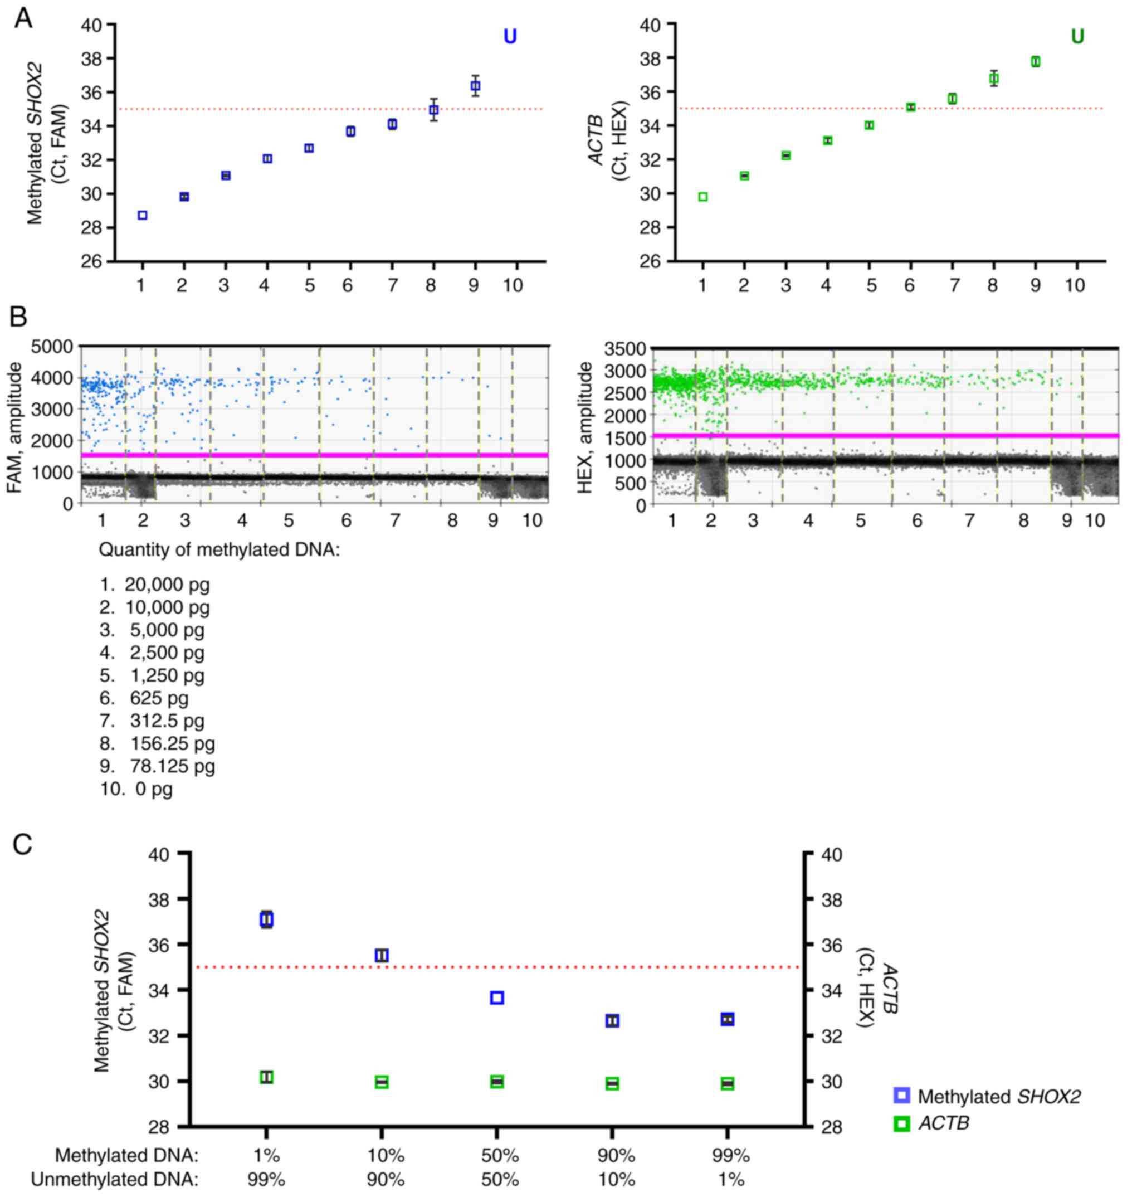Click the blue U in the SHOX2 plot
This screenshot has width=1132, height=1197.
point(510,37)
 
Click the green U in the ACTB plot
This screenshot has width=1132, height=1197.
point(1077,37)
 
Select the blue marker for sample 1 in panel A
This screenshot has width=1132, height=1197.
point(143,215)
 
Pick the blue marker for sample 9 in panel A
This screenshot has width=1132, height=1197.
point(476,86)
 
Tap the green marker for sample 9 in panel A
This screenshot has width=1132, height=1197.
point(1036,61)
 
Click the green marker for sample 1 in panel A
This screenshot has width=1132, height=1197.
point(702,196)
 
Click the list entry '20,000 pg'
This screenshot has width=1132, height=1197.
point(154,585)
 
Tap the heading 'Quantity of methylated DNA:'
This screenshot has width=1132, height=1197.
point(219,550)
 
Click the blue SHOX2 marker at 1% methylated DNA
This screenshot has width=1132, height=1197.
point(266,919)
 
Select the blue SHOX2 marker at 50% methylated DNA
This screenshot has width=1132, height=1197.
point(496,998)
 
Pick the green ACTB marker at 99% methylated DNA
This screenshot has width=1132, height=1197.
point(728,1083)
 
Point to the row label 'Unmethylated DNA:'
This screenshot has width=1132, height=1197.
point(115,1179)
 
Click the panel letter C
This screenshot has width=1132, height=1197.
point(22,845)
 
